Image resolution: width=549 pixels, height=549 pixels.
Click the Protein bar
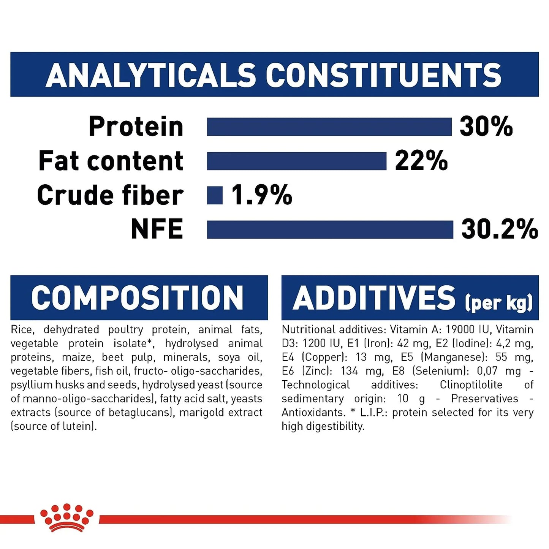[x=329, y=127]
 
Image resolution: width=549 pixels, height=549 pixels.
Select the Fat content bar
[x=297, y=161]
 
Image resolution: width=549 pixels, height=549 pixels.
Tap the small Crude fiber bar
[x=215, y=195]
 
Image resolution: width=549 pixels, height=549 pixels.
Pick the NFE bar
[x=330, y=229]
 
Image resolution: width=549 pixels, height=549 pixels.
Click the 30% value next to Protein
[x=486, y=127]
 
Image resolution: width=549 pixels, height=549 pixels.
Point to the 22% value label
[x=421, y=161]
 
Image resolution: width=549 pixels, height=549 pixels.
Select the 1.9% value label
[x=262, y=195]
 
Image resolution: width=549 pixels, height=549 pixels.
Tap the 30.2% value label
[x=500, y=229]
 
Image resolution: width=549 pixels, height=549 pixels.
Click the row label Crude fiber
[x=110, y=195]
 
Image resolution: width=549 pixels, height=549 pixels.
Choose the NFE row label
[x=157, y=229]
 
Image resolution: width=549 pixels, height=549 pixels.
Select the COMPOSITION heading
[x=137, y=298]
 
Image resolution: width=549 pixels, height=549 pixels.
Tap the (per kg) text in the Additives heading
[x=498, y=303]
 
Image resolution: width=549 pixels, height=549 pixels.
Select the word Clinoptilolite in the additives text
[x=471, y=385]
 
